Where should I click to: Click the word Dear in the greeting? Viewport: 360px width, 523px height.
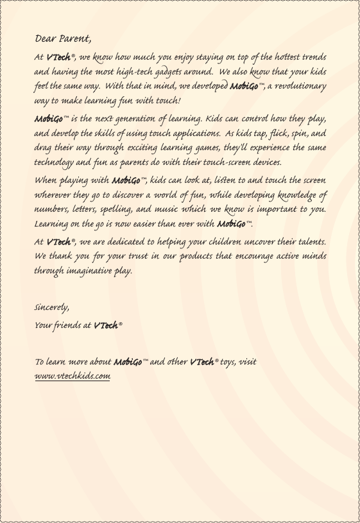[46, 36]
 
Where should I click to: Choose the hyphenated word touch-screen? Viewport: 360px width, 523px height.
[231, 162]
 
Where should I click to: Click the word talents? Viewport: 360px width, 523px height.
[309, 243]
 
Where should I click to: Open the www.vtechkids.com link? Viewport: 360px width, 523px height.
[73, 375]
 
